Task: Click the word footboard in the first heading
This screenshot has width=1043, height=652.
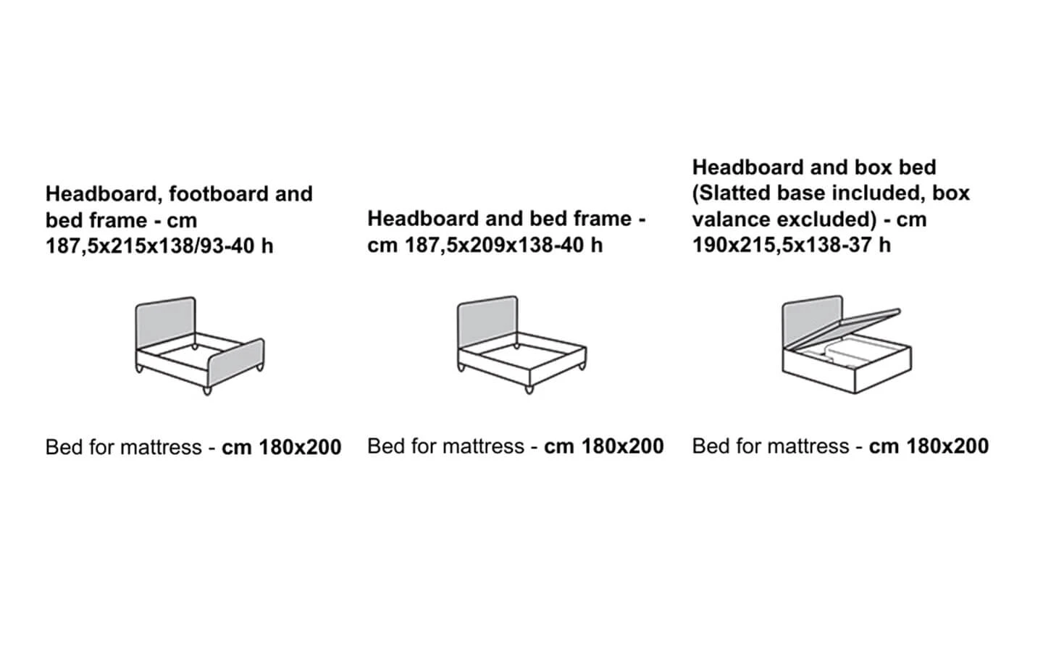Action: click(x=219, y=193)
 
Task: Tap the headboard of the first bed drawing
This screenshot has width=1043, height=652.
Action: click(x=166, y=322)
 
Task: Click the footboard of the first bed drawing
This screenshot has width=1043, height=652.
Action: click(x=237, y=361)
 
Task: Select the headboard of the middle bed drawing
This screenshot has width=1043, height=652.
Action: click(x=487, y=320)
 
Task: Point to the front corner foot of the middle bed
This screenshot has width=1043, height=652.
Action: click(x=529, y=388)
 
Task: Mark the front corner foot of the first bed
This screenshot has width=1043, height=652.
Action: click(x=208, y=390)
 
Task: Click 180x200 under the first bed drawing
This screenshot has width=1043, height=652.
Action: click(x=300, y=447)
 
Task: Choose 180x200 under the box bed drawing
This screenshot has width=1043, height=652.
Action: click(x=947, y=446)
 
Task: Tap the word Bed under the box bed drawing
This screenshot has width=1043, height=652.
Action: click(x=706, y=446)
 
